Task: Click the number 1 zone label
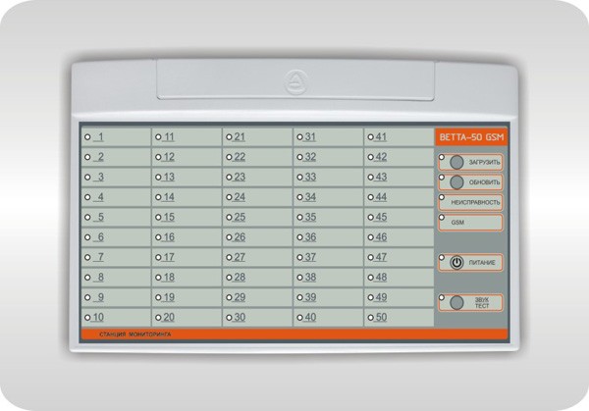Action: coord(100,137)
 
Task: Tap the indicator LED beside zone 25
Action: coord(229,218)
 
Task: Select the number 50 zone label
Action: coord(381,317)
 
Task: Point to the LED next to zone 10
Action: coord(87,318)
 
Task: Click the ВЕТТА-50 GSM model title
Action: coord(471,137)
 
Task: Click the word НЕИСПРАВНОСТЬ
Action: coord(475,202)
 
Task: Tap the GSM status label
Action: coord(457,223)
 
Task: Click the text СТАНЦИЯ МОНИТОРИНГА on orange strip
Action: coord(135,334)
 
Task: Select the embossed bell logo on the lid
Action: coord(295,81)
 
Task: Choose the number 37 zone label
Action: coord(310,257)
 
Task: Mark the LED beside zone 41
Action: coord(371,137)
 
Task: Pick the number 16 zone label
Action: coord(169,237)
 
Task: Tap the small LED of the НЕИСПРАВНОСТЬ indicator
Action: coord(442,197)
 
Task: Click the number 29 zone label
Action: coord(240,297)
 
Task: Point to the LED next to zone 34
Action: coord(299,197)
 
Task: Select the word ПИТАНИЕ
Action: coord(482,263)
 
